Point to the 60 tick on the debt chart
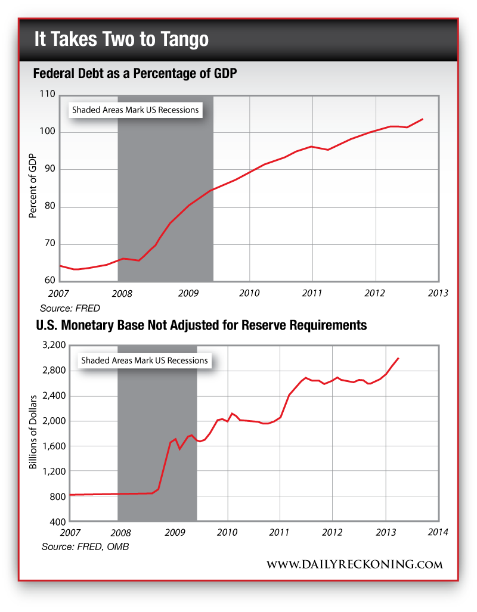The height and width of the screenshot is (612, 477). tap(49, 281)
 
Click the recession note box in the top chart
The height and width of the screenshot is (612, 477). tap(135, 110)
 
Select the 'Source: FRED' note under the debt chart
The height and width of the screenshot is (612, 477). tap(70, 309)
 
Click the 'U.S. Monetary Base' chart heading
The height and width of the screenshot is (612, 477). tap(199, 326)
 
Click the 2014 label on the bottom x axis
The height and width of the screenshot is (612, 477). tap(438, 532)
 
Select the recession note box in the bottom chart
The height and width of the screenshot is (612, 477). tap(144, 361)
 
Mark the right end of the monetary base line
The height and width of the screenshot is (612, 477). tap(398, 358)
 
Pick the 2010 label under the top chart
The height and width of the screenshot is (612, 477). tap(249, 293)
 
